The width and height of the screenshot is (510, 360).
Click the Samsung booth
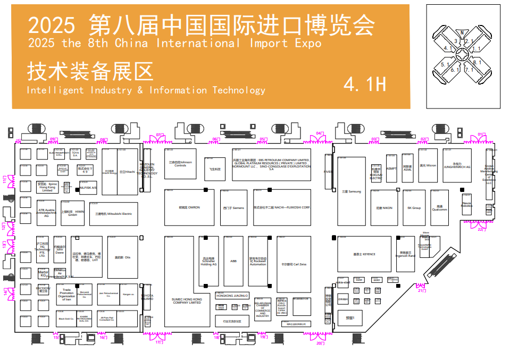pos(351,191)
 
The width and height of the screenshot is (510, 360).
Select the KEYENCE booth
pos(364,254)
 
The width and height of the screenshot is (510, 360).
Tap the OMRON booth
pos(189,207)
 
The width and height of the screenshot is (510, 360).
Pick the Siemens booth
pos(233,207)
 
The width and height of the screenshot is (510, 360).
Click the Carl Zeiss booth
pos(294,264)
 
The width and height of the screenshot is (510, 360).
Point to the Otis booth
pos(122,257)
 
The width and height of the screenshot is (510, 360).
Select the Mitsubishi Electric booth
pos(113,213)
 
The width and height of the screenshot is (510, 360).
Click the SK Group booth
pos(414,207)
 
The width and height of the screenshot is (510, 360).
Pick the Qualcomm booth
pos(439,208)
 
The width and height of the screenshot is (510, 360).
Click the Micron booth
pos(428,165)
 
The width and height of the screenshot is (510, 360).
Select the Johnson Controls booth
pos(180,164)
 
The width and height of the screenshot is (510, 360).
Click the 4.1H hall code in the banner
pos(364,83)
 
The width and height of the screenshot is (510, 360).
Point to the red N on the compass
pos(462,32)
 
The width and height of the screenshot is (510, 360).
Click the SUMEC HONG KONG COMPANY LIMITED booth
pos(187,300)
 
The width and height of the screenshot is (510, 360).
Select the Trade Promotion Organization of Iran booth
pos(66,295)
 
